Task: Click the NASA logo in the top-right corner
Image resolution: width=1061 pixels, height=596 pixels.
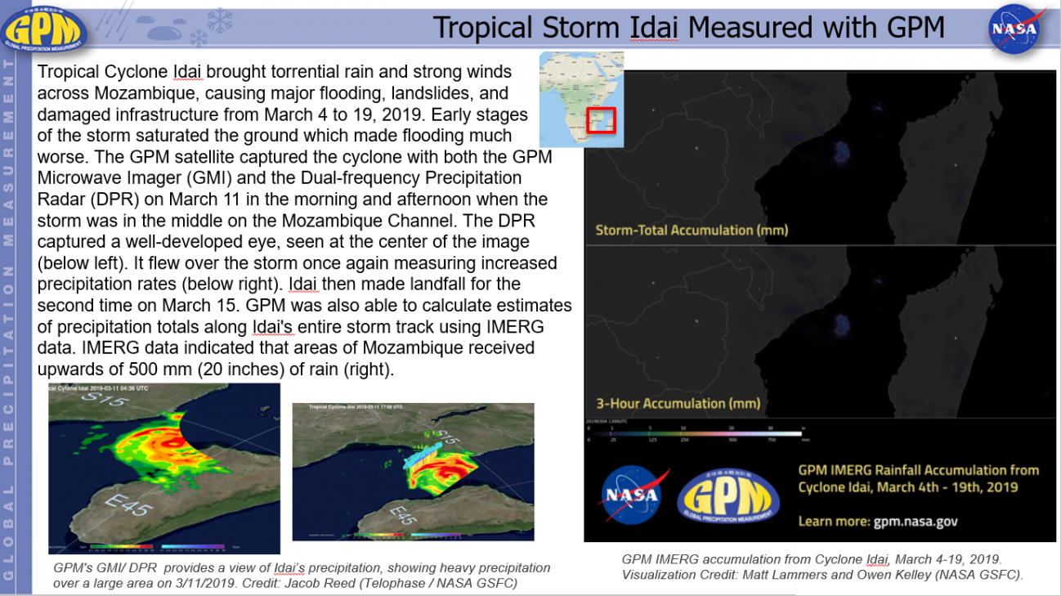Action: pos(1014,29)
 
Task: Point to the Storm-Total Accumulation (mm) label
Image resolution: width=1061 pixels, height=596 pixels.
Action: pos(692,230)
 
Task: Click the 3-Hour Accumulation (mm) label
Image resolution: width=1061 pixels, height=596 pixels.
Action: pos(678,403)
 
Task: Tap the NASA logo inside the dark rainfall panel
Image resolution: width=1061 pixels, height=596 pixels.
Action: pos(631,495)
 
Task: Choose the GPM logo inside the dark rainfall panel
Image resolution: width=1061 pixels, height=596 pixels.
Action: pos(728,495)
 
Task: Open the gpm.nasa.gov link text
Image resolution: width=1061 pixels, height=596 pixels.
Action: pos(915,521)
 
